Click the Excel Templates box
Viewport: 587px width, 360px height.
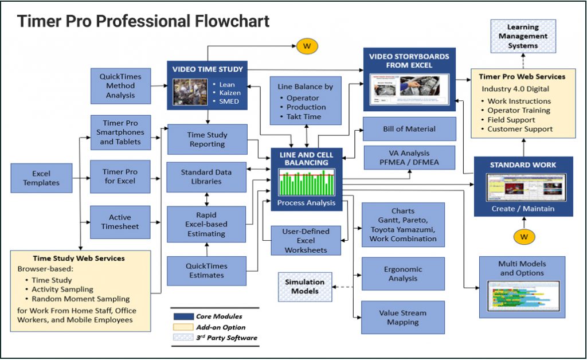tap(41, 178)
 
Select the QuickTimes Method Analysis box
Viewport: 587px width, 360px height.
tap(120, 86)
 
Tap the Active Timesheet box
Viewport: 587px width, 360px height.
tap(120, 222)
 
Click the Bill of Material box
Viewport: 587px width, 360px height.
tap(409, 129)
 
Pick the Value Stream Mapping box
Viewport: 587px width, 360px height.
tap(402, 318)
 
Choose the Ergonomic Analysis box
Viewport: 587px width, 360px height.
tap(402, 273)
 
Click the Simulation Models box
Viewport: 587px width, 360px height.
tap(305, 286)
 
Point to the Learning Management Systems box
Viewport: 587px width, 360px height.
tap(523, 36)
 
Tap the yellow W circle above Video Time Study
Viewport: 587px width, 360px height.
tap(307, 46)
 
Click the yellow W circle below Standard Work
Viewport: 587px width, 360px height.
tap(523, 236)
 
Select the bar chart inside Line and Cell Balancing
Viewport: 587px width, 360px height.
tap(306, 183)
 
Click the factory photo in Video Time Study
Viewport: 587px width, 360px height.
tap(190, 92)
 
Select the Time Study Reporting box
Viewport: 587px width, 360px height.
tap(207, 139)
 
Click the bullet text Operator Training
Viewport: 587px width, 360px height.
tap(518, 110)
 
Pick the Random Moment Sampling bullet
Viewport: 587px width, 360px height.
tap(81, 299)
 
